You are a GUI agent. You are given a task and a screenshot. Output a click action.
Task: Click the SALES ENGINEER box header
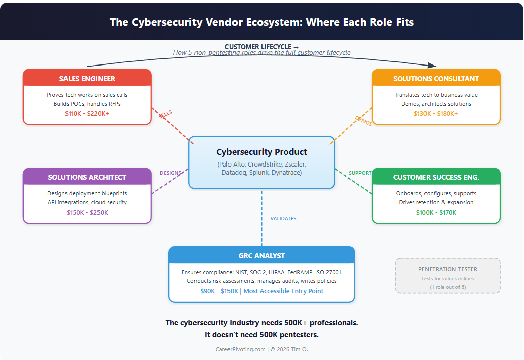point(87,79)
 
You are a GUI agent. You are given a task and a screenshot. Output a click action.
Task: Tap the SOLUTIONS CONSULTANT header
point(436,79)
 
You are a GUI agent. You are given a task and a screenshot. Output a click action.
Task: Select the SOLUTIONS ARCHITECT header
point(87,177)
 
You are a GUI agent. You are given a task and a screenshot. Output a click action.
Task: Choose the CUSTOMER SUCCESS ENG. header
point(436,177)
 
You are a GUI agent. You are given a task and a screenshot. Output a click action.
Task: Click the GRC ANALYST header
point(261,256)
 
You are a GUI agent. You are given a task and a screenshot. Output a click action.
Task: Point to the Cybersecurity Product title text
point(261,152)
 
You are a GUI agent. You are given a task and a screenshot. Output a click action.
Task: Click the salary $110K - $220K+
point(87,113)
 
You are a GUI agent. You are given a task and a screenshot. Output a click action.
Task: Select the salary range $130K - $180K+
point(436,113)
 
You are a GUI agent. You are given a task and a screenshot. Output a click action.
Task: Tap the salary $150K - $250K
point(87,212)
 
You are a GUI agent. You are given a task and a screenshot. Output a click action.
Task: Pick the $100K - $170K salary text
point(436,212)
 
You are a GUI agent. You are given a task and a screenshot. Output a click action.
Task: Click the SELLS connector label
point(166,114)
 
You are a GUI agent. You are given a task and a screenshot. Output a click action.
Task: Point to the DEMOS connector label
point(363,121)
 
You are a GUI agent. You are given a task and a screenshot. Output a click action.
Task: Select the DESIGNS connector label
point(170,173)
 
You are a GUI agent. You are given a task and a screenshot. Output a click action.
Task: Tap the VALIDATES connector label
point(283,219)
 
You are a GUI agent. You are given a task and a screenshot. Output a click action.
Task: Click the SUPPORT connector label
point(360,173)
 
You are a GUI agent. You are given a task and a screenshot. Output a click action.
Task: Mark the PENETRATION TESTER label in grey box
point(447,269)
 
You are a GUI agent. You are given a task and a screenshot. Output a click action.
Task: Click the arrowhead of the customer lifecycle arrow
point(432,66)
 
